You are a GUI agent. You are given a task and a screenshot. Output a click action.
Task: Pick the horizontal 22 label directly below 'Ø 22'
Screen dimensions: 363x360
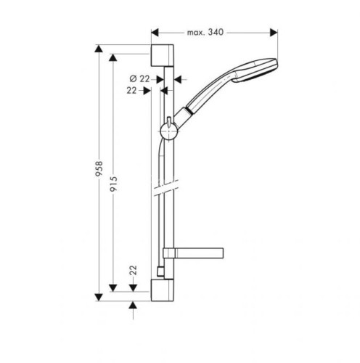coord(131,91)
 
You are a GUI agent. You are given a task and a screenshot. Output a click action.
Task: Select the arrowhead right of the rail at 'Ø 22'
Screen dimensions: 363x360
coord(179,78)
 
